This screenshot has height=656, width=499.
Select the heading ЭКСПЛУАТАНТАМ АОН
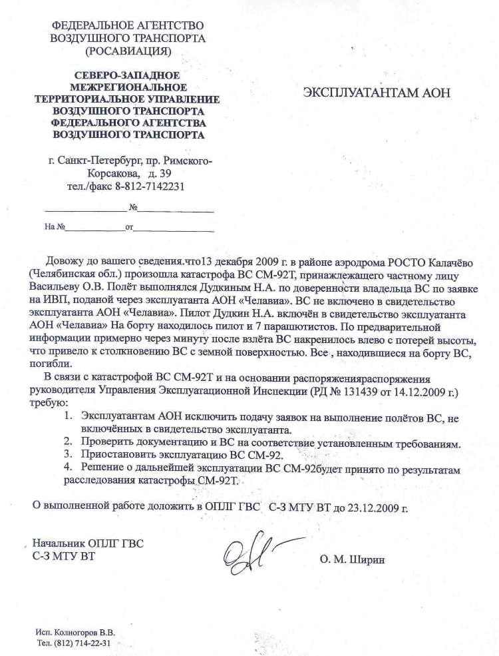pos(377,93)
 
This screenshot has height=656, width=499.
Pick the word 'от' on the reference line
pos(130,227)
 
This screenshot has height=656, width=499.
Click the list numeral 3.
pos(67,456)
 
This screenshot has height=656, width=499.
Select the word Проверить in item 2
pos(106,442)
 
